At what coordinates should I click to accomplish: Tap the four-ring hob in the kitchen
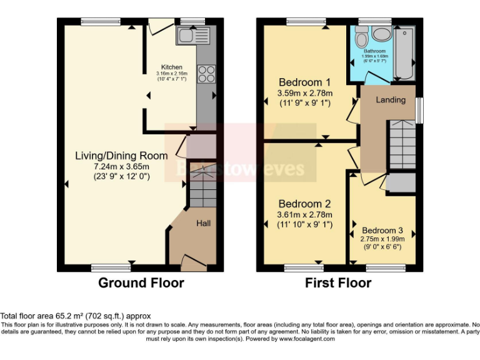(x=206, y=74)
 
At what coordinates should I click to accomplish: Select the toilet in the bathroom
(x=361, y=39)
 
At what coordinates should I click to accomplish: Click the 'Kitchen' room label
(x=172, y=67)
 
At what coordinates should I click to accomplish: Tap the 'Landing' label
(x=391, y=100)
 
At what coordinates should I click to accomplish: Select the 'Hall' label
(x=204, y=223)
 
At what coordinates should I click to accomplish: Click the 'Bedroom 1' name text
(x=304, y=82)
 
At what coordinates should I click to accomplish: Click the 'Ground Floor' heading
(x=141, y=283)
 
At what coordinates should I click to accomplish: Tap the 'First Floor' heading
(x=337, y=283)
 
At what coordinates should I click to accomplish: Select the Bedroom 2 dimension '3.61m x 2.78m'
(x=304, y=215)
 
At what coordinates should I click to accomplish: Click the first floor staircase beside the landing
(x=401, y=144)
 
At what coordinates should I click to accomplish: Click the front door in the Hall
(x=194, y=262)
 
